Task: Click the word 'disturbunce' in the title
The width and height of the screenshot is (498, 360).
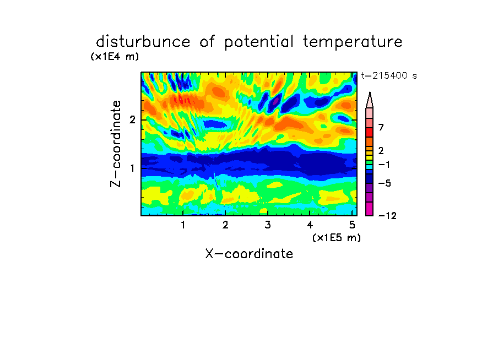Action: tap(143, 41)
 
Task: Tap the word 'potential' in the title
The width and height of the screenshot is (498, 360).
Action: tap(259, 42)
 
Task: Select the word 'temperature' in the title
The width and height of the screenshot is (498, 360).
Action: tap(353, 42)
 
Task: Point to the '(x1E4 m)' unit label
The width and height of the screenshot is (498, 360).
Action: tap(115, 57)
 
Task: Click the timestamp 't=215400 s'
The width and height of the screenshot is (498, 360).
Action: tap(389, 76)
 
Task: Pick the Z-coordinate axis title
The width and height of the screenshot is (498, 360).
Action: tap(116, 144)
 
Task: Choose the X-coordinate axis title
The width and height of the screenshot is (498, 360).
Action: tap(249, 254)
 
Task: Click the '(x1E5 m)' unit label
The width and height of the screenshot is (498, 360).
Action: tap(337, 238)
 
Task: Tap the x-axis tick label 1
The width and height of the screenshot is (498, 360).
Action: tap(183, 225)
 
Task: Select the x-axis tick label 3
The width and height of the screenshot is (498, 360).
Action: tap(268, 225)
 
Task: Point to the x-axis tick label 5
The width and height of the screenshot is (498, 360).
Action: tap(352, 225)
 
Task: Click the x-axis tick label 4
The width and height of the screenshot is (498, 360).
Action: tap(310, 225)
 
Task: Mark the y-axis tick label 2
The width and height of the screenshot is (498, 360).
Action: tap(132, 119)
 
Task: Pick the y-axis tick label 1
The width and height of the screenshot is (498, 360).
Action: tap(132, 168)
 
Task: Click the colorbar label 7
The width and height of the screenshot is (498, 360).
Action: tap(381, 127)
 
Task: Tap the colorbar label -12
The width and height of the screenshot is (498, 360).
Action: tap(387, 216)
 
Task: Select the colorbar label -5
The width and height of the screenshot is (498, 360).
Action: tap(385, 183)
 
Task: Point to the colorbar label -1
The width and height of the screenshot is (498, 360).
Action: tap(384, 165)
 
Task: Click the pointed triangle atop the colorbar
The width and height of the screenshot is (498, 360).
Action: tap(370, 100)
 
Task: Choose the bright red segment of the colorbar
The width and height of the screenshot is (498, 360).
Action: tap(370, 132)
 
